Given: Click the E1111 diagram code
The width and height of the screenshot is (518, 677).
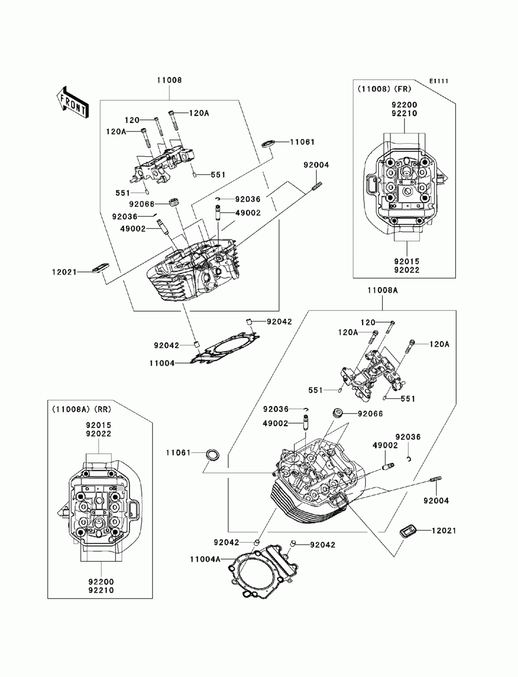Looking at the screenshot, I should (438, 81).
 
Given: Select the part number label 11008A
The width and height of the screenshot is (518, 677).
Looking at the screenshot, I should (383, 291).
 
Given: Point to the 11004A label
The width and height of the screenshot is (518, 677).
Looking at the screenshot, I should (205, 559).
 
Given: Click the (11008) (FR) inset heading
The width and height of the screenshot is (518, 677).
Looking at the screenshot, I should (383, 89).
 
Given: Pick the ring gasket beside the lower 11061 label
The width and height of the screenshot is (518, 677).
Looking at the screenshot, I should (213, 455).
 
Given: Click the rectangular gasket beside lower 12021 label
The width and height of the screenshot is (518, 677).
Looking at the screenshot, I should (407, 531).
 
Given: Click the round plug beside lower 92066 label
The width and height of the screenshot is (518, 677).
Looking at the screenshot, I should (338, 413).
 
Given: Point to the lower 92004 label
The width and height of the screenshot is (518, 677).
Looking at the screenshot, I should (436, 501).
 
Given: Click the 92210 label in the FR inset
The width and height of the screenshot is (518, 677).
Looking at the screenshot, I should (405, 114).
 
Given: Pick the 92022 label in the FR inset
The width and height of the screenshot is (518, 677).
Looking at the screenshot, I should (406, 269).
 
